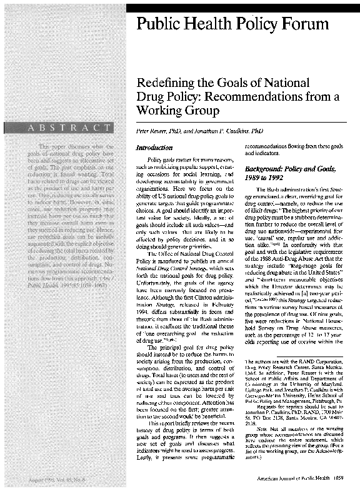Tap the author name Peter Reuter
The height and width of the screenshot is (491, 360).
159,133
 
